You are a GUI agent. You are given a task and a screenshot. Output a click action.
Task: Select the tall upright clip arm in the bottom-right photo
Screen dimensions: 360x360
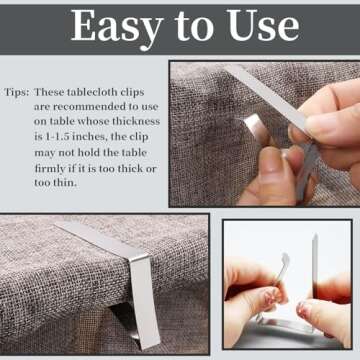click(314, 265)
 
